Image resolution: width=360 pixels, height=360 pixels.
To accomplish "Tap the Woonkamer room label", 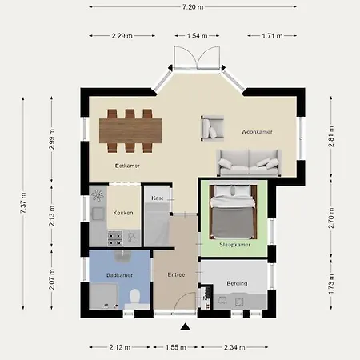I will click(258, 131).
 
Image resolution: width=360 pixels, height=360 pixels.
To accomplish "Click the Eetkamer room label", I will click(127, 165).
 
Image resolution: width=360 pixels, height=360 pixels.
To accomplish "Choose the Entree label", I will click(177, 274).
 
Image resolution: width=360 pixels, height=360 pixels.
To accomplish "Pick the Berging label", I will click(236, 284).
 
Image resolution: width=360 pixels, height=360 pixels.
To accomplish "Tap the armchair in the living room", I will click(213, 126).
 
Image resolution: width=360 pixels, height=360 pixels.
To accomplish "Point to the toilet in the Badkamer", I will click(134, 298).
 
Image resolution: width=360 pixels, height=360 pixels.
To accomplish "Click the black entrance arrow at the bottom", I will click(186, 326).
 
